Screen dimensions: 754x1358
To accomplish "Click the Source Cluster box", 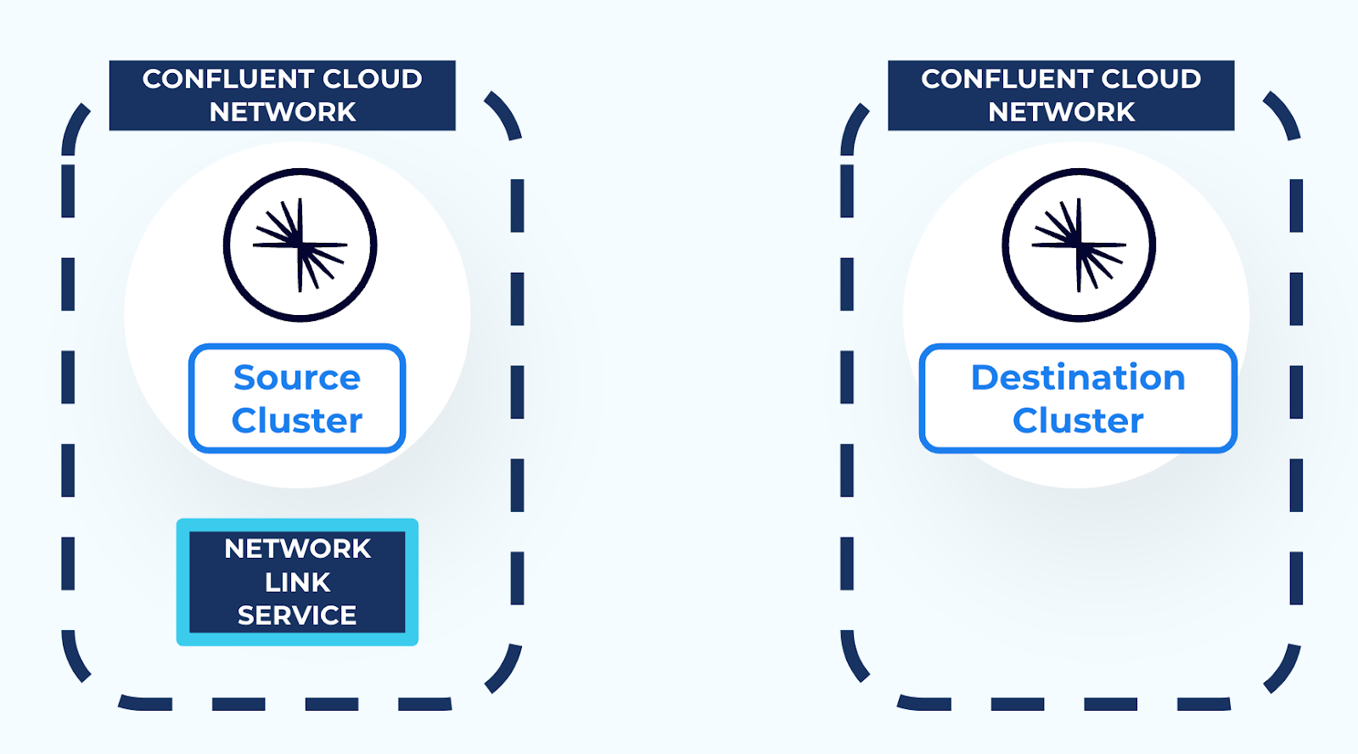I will click(297, 398).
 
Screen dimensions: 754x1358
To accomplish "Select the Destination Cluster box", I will click(1078, 398).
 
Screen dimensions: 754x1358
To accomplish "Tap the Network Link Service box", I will click(297, 582).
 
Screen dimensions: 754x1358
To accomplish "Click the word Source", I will click(297, 378).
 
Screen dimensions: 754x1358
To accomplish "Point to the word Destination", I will click(1078, 378).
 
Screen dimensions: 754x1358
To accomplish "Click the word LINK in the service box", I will click(297, 582).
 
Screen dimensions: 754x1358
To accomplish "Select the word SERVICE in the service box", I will click(297, 616).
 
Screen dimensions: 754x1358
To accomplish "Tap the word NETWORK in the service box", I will click(297, 549).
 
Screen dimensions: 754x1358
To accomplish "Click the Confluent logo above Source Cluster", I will click(300, 245).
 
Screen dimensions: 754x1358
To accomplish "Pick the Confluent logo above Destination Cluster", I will click(1079, 245).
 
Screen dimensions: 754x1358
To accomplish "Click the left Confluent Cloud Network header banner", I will click(283, 95).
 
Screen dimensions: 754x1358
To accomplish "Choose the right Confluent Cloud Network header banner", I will click(1061, 95).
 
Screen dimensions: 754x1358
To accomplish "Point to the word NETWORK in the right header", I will click(1061, 112).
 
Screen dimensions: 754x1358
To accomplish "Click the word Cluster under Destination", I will click(1078, 421).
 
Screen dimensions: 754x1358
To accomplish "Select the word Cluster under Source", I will click(297, 421).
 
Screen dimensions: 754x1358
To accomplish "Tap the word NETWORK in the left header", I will click(283, 112).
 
